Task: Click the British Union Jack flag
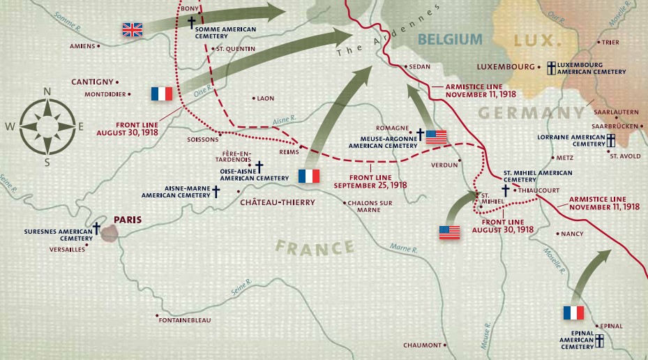[132, 29]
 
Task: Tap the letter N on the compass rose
[47, 91]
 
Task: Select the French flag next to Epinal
[573, 313]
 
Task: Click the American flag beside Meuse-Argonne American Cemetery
[436, 137]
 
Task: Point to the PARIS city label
[128, 219]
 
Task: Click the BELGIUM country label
[450, 39]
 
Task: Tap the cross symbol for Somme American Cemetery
[191, 22]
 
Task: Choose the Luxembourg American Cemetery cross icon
[550, 67]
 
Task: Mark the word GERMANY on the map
[531, 112]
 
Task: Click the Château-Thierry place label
[277, 202]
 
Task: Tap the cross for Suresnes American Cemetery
[97, 228]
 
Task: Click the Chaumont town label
[422, 345]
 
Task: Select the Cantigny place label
[93, 82]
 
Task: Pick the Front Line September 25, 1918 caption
[370, 181]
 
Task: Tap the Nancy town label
[572, 234]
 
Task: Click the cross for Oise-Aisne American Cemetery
[259, 167]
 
